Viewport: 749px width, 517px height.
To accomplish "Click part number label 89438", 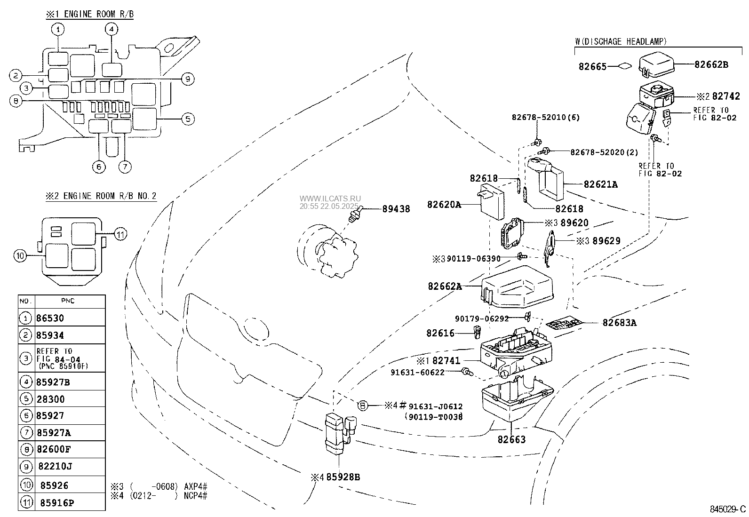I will click(x=396, y=209).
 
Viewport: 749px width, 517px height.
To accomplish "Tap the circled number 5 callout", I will click(x=187, y=119).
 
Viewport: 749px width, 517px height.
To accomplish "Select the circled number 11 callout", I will click(x=121, y=234).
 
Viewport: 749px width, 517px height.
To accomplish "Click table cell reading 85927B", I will click(x=53, y=382).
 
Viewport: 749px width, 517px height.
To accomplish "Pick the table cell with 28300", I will click(x=50, y=399).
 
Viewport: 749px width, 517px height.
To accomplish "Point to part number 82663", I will click(x=511, y=440).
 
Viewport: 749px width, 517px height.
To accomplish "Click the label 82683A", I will click(x=620, y=323).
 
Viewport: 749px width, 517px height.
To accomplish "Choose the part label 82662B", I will click(x=711, y=65).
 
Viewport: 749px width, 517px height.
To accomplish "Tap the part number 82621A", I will click(x=601, y=184).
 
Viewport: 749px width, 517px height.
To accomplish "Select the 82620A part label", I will click(x=444, y=205).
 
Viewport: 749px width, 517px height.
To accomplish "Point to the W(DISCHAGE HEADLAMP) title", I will click(x=621, y=41).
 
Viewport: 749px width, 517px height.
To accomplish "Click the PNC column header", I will click(x=68, y=301).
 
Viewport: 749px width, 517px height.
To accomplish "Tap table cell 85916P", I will click(x=55, y=503).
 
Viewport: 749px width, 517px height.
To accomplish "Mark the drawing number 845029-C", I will click(x=728, y=509).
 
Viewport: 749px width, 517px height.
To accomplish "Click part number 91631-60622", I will click(x=418, y=372).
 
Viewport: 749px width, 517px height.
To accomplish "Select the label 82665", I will click(x=592, y=67).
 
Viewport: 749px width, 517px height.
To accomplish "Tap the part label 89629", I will click(x=606, y=241).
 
